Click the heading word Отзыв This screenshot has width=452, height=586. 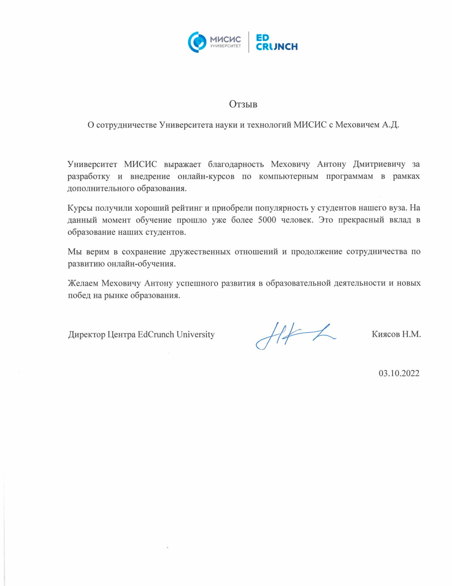243,105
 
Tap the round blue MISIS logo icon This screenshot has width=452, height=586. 197,42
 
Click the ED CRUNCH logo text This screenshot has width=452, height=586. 276,42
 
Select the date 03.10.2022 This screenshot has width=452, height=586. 399,373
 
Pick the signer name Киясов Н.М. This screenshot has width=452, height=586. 396,335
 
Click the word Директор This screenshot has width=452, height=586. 87,335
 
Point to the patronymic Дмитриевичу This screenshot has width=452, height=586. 379,164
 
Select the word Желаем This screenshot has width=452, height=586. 83,283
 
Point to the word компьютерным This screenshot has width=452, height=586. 288,177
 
